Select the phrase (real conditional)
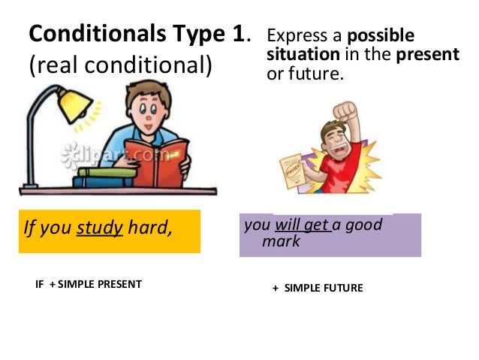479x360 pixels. [120, 66]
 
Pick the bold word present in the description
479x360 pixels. [433, 55]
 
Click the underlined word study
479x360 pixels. [100, 226]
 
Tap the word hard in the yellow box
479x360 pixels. [150, 226]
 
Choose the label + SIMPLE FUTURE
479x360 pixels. [318, 288]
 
